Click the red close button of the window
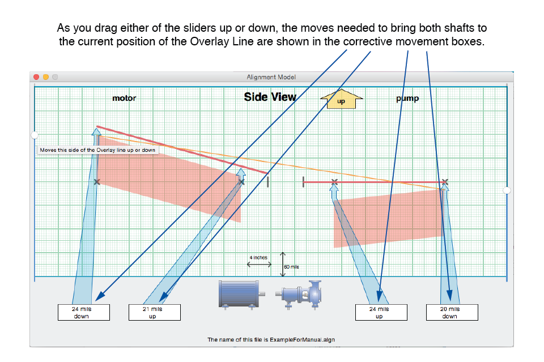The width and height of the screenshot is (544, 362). (x=36, y=77)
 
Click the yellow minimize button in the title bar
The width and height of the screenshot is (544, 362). (x=45, y=77)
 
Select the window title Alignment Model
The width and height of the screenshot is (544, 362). (x=271, y=77)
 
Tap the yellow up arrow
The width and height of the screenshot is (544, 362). (x=341, y=99)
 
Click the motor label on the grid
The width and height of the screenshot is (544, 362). (x=124, y=98)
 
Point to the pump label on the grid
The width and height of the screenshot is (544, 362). (x=407, y=99)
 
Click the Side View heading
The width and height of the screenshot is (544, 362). (x=270, y=97)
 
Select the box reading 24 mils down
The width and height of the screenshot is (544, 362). (x=84, y=312)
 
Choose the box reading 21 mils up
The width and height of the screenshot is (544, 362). (x=154, y=312)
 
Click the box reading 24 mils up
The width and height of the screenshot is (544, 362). (x=381, y=312)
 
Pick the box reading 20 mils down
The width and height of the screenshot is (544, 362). (x=452, y=312)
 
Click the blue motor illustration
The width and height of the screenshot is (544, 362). (x=242, y=295)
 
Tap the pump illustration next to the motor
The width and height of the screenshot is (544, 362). (x=299, y=295)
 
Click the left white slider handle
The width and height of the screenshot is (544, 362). (x=35, y=135)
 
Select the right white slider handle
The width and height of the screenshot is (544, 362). (x=507, y=190)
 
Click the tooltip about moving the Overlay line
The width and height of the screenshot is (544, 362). (x=98, y=150)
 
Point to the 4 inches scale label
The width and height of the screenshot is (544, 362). (x=258, y=258)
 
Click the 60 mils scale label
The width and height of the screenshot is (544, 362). (x=291, y=267)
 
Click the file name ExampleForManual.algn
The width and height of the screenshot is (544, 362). (x=302, y=340)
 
